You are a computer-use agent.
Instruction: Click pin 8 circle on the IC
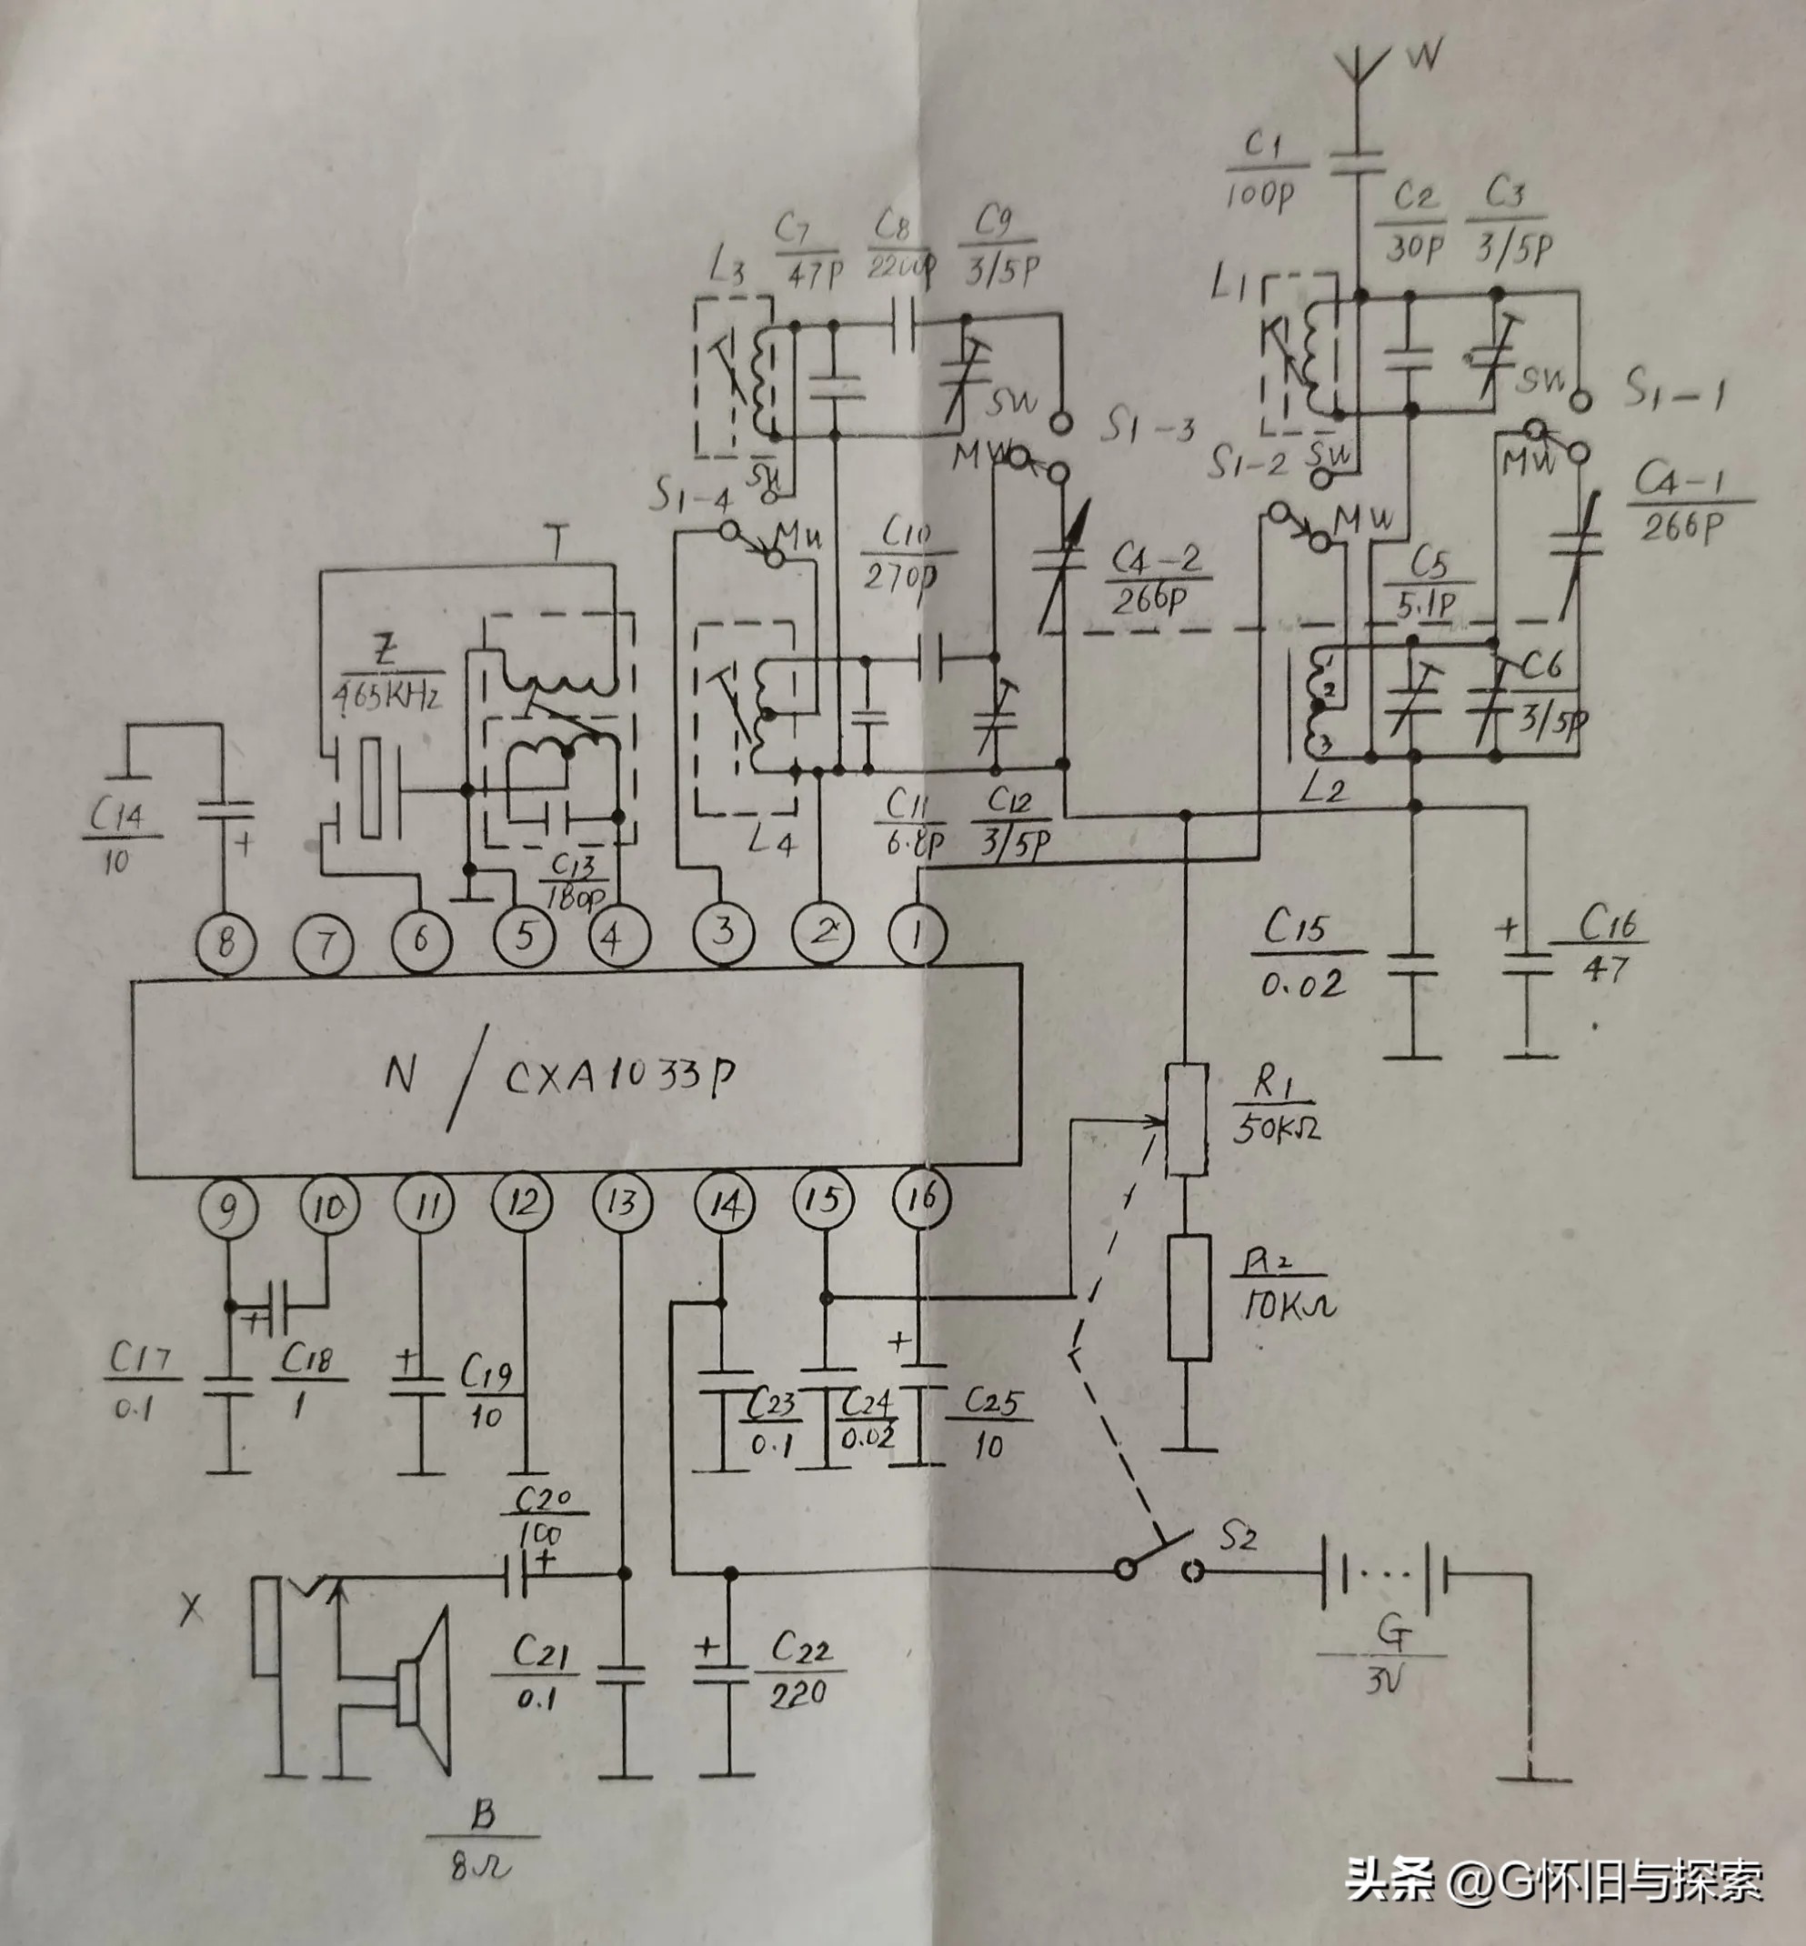pyautogui.click(x=226, y=943)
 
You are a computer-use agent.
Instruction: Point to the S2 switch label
pyautogui.click(x=1239, y=1540)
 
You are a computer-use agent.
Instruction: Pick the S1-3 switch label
pyautogui.click(x=1150, y=426)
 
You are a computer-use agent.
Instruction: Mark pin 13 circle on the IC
pyautogui.click(x=624, y=1202)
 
